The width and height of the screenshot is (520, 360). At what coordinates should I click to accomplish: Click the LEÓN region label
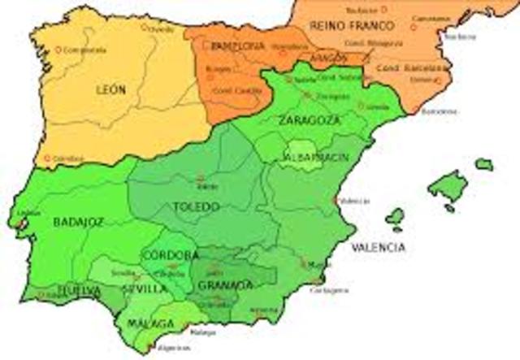pos(111,89)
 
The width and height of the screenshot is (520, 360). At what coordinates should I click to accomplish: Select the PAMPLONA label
pos(238,46)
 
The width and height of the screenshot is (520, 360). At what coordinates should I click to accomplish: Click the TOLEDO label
pos(196,206)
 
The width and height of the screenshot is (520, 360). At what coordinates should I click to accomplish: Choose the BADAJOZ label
pos(79,221)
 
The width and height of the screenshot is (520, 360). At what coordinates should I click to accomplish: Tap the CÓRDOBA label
pos(169,255)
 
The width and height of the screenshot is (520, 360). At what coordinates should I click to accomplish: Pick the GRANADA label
pos(225,285)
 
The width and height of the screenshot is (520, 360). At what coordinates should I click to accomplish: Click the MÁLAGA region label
pos(151,324)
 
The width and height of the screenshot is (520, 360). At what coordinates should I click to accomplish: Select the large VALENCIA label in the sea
pos(378,247)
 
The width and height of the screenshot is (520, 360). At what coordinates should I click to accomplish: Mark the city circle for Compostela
pos(58,50)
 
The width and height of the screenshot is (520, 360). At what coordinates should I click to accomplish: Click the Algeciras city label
pos(175,347)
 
